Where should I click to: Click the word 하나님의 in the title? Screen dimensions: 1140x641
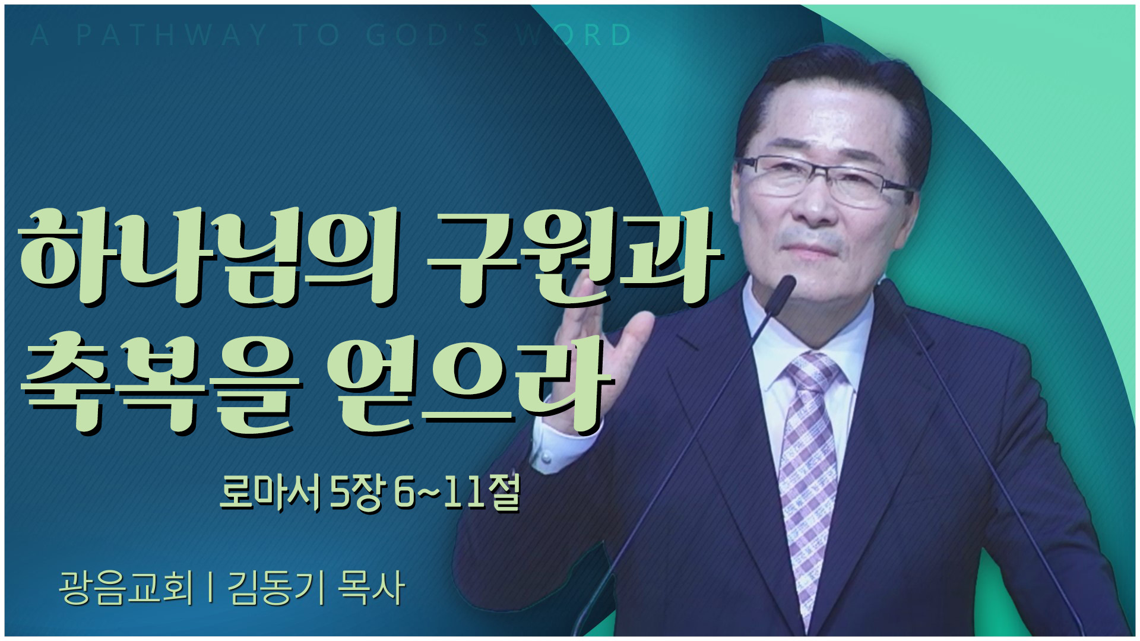click(x=208, y=256)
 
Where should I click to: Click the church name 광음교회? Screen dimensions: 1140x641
click(x=126, y=588)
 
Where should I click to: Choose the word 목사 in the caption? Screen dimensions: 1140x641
click(x=371, y=588)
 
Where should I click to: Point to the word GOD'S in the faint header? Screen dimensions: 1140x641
click(x=427, y=35)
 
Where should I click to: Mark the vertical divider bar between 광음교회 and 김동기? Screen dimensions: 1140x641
click(x=211, y=588)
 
